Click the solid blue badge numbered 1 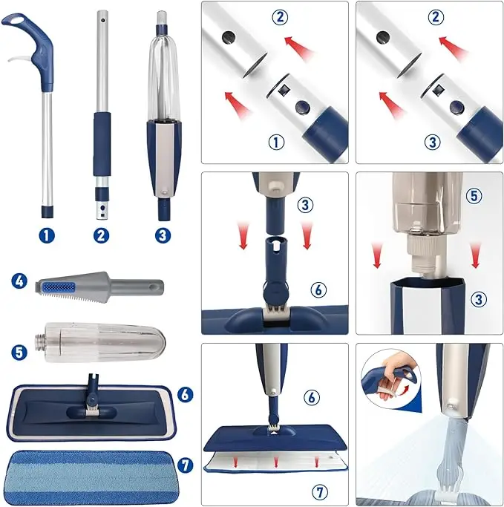(48, 235)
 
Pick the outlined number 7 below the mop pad (318, 491)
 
